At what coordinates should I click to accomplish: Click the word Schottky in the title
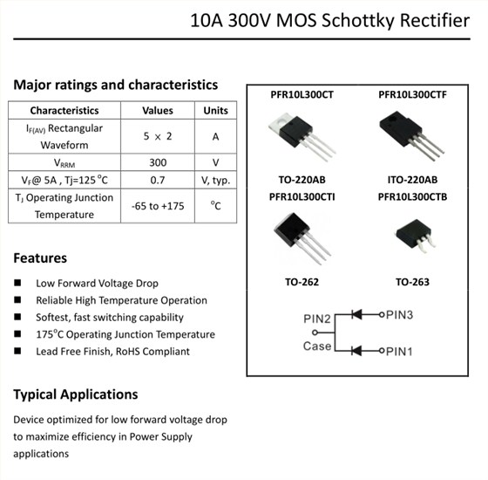coord(358,21)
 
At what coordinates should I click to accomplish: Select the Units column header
coord(215,110)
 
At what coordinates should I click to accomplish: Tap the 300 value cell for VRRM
coord(158,162)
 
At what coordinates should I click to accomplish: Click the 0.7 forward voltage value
coord(158,180)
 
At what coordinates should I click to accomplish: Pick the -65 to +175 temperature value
coord(158,206)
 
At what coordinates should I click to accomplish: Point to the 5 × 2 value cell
coord(158,136)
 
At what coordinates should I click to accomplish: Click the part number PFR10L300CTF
coord(412,94)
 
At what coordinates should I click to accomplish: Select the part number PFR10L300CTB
coord(412,196)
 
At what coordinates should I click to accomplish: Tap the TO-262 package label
coord(302,282)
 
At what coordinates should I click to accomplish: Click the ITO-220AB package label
coord(412,180)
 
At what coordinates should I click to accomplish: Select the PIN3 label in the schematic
coord(399,315)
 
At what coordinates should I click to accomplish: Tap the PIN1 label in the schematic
coord(399,351)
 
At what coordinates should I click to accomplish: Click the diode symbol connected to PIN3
coord(356,314)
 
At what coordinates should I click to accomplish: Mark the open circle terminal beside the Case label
coord(315,333)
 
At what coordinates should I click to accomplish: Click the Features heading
coord(40,258)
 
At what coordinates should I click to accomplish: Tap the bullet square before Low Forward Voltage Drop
coord(17,283)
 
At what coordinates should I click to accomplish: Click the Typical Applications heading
coord(76,394)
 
